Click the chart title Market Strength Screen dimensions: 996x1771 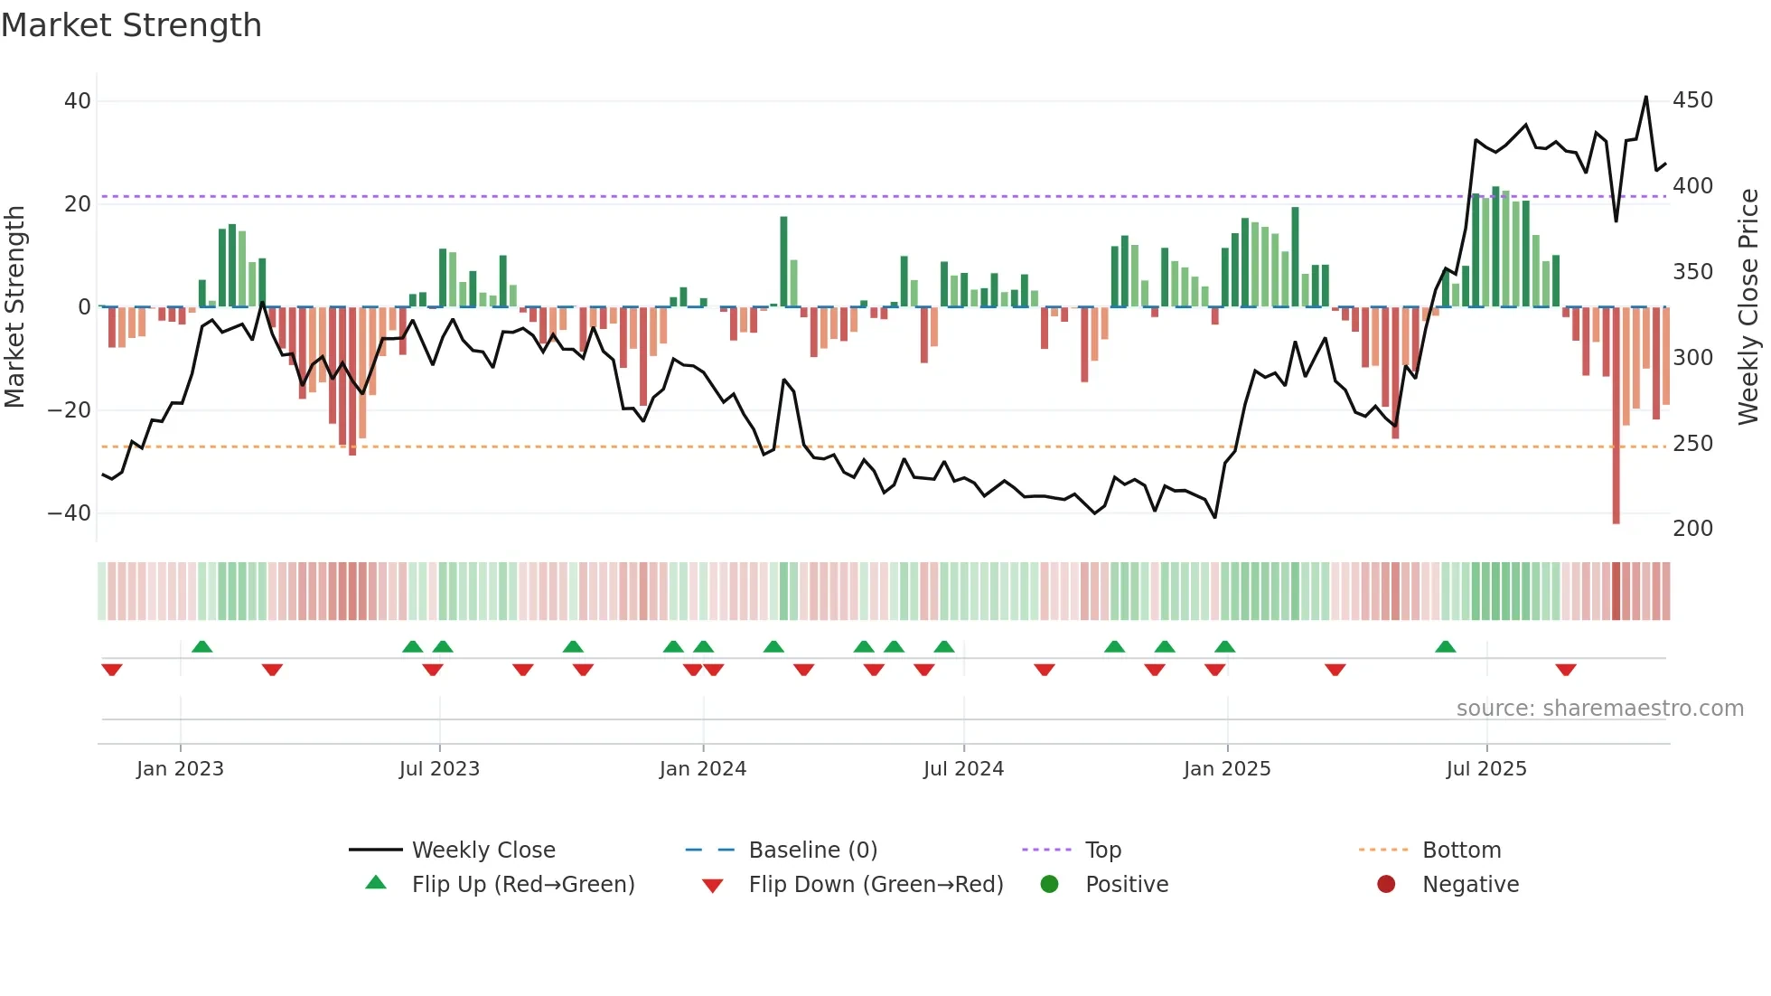point(131,25)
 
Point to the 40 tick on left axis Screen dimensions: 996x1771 point(78,101)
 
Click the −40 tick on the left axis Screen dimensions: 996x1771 point(70,513)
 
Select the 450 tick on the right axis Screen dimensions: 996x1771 point(1692,100)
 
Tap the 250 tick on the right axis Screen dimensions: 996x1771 point(1692,444)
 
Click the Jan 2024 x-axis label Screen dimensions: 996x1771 point(702,769)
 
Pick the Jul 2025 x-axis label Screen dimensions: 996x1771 point(1485,769)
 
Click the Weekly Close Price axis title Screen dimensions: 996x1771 point(1748,307)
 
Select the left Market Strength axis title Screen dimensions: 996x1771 point(14,307)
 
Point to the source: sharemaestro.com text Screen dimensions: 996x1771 point(1599,709)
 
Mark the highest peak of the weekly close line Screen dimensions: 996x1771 point(1646,98)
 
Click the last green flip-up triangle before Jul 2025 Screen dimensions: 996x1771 point(1445,647)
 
